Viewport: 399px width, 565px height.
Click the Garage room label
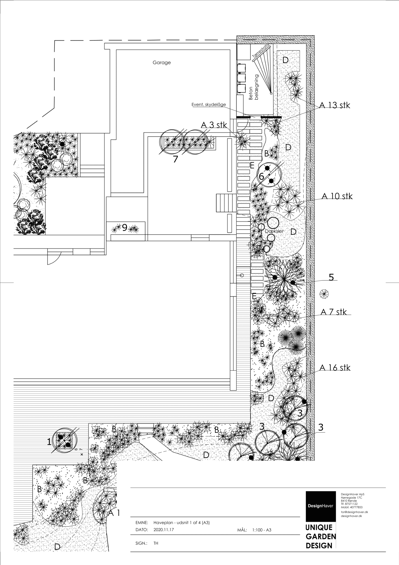[162, 62]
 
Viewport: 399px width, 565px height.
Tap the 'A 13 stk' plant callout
[335, 105]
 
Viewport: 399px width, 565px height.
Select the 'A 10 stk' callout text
[337, 196]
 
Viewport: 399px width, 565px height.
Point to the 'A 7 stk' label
[334, 312]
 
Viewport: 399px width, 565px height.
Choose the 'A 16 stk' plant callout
[335, 368]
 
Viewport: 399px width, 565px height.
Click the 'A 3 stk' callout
[214, 125]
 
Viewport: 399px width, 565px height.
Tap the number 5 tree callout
[331, 277]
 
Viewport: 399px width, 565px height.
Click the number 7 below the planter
[176, 159]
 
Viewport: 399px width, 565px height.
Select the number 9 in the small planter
[125, 227]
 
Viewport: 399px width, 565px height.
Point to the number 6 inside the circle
[262, 176]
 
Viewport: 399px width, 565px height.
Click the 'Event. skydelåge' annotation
[209, 105]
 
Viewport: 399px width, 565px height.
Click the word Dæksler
[274, 231]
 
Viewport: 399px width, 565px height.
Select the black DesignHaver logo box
[320, 506]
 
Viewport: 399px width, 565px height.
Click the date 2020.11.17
[164, 530]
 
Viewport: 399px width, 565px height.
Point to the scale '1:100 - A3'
[262, 530]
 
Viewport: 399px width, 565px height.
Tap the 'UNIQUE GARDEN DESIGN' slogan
[321, 536]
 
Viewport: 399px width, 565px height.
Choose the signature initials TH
[156, 543]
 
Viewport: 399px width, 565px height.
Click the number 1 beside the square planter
[49, 442]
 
